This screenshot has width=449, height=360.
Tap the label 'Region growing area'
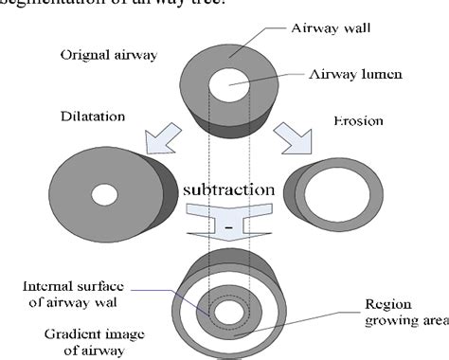pyautogui.click(x=401, y=313)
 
